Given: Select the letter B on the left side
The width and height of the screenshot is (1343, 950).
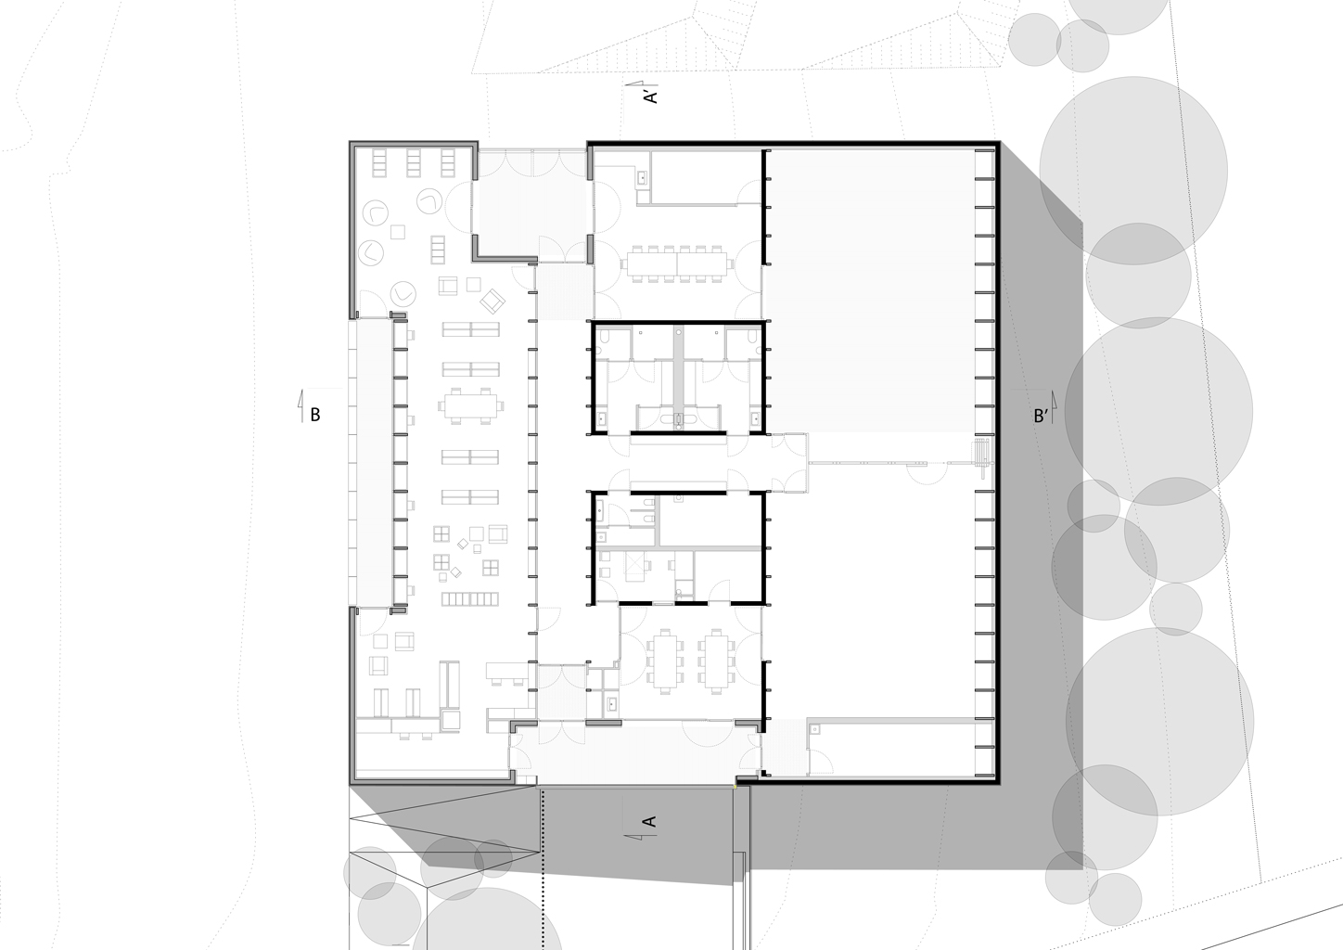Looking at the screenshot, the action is (x=314, y=415).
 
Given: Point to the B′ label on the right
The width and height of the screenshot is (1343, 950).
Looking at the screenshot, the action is (x=1041, y=416).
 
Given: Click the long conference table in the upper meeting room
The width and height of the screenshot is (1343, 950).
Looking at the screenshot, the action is (x=677, y=263).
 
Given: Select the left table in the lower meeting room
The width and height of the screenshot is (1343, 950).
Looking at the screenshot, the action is (x=664, y=661).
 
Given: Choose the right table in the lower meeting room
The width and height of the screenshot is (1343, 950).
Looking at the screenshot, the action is (x=715, y=661).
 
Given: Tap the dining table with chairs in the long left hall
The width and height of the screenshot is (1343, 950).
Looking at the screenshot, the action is (x=470, y=406).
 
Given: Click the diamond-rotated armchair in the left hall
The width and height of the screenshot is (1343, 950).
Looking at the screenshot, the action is (x=492, y=302).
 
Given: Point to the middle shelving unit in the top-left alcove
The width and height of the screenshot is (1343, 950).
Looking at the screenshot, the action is (x=413, y=163).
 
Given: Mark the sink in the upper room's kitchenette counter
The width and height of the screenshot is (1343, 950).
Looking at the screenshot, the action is (x=642, y=177).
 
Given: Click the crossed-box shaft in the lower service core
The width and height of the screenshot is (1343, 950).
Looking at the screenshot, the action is (x=634, y=567).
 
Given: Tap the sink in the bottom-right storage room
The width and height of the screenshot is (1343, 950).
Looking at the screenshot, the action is (x=814, y=729).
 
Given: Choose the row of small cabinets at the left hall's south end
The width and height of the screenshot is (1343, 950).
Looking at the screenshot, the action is (x=470, y=598).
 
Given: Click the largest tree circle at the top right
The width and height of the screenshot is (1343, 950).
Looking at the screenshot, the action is (x=1133, y=171).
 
